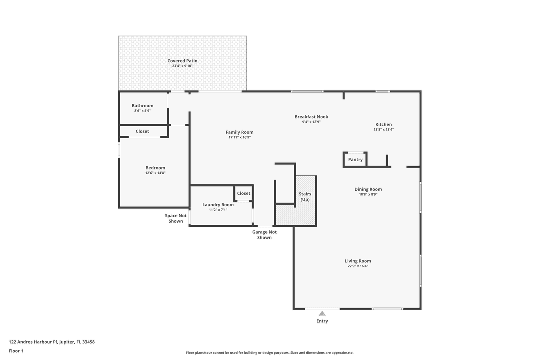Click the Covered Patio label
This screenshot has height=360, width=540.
pyautogui.click(x=182, y=61)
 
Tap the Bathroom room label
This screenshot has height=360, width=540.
pyautogui.click(x=142, y=106)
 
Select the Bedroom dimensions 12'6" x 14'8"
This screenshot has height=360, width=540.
pyautogui.click(x=155, y=173)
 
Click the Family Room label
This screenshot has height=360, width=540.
pyautogui.click(x=239, y=132)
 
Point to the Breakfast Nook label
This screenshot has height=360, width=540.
pyautogui.click(x=311, y=117)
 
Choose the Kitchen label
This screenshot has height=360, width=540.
pyautogui.click(x=383, y=124)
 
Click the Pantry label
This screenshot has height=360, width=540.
pyautogui.click(x=355, y=160)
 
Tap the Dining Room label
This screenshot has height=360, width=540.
pyautogui.click(x=368, y=189)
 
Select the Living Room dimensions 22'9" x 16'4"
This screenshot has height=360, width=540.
pyautogui.click(x=358, y=266)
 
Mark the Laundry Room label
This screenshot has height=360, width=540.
pyautogui.click(x=218, y=205)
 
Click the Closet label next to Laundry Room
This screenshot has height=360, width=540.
pyautogui.click(x=244, y=193)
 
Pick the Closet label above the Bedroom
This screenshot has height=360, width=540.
pyautogui.click(x=142, y=131)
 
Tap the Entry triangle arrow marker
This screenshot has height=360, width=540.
pyautogui.click(x=322, y=313)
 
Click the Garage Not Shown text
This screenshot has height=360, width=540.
pyautogui.click(x=264, y=235)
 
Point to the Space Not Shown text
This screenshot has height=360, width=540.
pyautogui.click(x=176, y=218)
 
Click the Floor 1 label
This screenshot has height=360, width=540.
pyautogui.click(x=16, y=351)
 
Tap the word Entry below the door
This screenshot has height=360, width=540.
pyautogui.click(x=322, y=321)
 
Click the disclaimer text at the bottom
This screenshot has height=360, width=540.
pyautogui.click(x=269, y=353)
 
